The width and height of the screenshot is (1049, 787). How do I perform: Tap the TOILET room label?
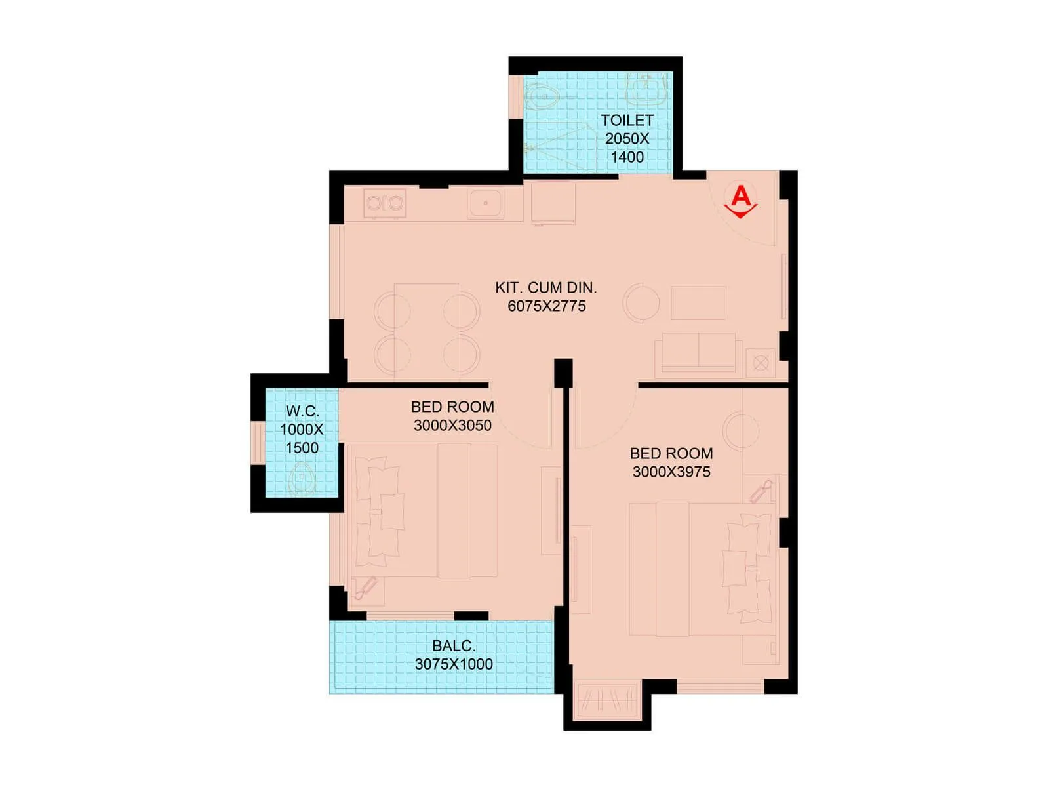coord(627,121)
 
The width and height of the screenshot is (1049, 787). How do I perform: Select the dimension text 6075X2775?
coord(547,306)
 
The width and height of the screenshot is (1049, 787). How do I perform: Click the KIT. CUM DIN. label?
coord(545,287)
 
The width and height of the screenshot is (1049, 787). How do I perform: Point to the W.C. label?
coord(302,411)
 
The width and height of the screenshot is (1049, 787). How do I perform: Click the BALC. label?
coord(454,646)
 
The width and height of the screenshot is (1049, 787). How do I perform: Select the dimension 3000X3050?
coord(452,425)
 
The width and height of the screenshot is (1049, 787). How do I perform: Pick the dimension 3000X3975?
coord(671,472)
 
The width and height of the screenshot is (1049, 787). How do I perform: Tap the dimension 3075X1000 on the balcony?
coord(454,664)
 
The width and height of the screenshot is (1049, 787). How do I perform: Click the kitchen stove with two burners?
coord(385,203)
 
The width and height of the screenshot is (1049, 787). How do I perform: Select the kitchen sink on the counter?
coord(486,203)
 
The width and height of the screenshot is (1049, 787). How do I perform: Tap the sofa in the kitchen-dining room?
coord(698,353)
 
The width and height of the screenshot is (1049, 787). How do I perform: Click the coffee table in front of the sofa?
coord(698,303)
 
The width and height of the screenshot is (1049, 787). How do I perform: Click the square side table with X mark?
coord(761,363)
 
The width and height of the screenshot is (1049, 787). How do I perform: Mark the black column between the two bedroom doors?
coord(563,373)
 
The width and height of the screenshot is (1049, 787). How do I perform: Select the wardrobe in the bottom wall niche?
coord(607,702)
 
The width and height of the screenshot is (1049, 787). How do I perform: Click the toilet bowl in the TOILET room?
coord(542,99)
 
